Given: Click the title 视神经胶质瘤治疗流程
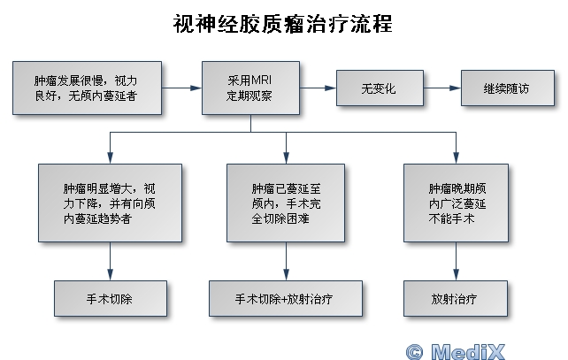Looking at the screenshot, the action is point(282,24).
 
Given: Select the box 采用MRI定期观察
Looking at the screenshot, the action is point(250,88).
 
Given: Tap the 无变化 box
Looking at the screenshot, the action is point(380,88).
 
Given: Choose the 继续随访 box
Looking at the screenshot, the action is point(508,88).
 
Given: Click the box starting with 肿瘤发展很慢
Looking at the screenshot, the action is point(87,88).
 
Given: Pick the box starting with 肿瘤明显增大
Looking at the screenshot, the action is point(110,203).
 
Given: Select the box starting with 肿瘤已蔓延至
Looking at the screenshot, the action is point(286,203).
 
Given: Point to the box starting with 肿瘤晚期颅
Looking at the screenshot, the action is point(456,203).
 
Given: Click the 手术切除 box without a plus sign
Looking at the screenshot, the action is point(111,298).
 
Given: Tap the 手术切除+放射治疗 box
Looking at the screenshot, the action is point(286,298).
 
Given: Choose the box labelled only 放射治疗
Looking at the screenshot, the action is point(456,298).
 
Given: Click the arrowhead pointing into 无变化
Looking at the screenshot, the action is point(330,88).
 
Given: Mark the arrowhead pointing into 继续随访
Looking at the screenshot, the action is point(455,88).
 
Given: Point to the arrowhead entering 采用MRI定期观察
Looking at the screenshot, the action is point(196,88).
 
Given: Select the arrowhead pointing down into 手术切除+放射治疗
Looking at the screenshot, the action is point(286,274).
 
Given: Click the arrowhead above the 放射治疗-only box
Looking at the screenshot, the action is point(456,274).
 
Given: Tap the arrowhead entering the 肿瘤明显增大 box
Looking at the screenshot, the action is point(110,158).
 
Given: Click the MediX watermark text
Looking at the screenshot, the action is point(468,351).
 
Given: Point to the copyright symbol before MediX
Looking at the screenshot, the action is point(414,352).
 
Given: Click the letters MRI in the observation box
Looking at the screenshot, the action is point(261,80).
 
